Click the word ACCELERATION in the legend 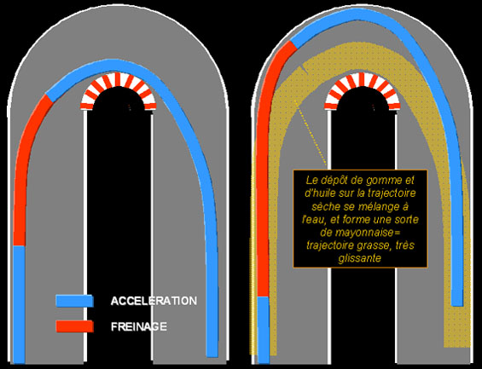pyautogui.click(x=154, y=301)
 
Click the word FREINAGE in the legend pyautogui.click(x=139, y=326)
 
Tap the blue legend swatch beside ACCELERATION pyautogui.click(x=75, y=301)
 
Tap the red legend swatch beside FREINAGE pyautogui.click(x=75, y=326)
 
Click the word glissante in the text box pyautogui.click(x=360, y=258)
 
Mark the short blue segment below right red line pyautogui.click(x=263, y=330)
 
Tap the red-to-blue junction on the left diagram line pyautogui.click(x=49, y=98)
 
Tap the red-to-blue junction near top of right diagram pyautogui.click(x=293, y=44)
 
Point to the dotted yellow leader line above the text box pyautogui.click(x=311, y=133)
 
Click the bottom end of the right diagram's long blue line pyautogui.click(x=457, y=305)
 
